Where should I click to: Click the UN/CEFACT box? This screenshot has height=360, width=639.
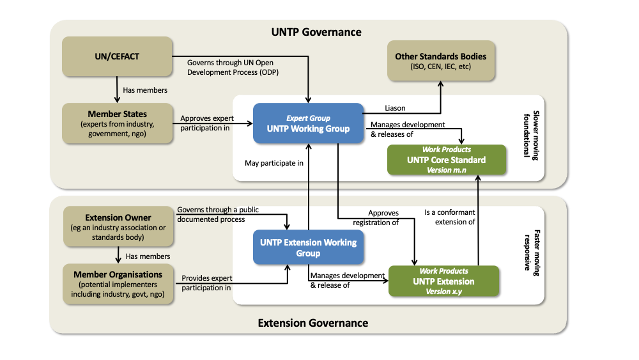[117, 57]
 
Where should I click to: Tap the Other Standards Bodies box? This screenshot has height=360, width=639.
[440, 61]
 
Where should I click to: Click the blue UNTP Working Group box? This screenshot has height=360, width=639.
[307, 123]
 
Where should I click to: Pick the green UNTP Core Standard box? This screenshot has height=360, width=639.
[446, 160]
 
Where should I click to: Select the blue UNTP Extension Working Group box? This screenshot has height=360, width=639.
[308, 247]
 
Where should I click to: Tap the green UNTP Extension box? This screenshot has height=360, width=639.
[443, 281]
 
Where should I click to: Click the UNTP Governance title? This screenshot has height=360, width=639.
[316, 32]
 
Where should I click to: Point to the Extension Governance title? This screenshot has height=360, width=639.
[312, 323]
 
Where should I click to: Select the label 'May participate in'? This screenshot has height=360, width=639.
[273, 163]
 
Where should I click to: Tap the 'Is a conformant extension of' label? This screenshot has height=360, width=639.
[450, 217]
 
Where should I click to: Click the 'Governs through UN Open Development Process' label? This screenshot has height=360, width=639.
[233, 67]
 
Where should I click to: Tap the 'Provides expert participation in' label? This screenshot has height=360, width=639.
[206, 283]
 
